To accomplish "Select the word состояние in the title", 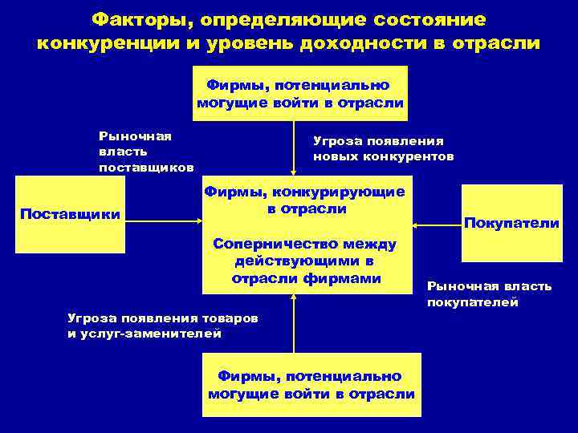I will click(x=418, y=18).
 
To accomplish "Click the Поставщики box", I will click(x=70, y=214).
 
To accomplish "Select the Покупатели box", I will click(x=511, y=223).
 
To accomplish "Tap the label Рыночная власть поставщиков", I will click(x=145, y=152).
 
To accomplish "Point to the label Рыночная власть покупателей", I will click(x=489, y=294).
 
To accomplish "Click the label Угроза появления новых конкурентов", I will click(x=383, y=148).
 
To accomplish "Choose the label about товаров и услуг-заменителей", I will click(x=163, y=326).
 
